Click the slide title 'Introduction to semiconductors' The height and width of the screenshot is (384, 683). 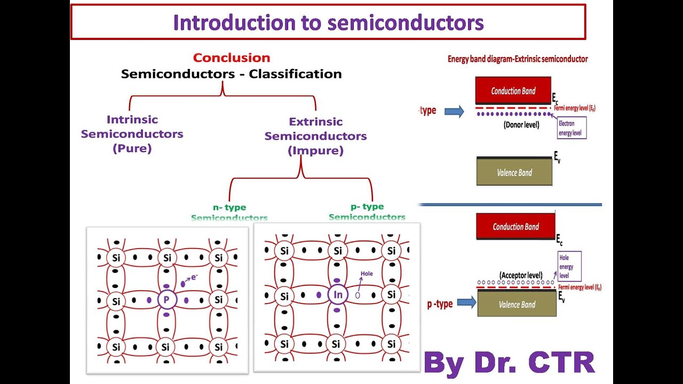point(328,22)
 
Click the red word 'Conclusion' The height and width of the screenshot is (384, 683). point(232,58)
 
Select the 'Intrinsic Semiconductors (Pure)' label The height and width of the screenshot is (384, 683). point(132,134)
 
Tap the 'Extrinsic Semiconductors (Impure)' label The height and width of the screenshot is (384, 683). point(315,136)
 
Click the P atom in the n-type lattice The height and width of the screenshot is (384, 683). point(166,300)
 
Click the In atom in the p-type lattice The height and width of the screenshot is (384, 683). point(337,294)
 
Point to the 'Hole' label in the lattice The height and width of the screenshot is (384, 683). point(367,274)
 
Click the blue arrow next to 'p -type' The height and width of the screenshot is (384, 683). point(466,303)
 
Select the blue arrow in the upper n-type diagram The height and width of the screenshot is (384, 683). point(454,111)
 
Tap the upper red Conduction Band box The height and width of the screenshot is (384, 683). point(513,91)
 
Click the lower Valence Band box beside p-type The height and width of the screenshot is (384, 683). point(517,305)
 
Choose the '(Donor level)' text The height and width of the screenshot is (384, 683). point(521,125)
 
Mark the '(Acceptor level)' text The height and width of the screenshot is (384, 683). point(521,275)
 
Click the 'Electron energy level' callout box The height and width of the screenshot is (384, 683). point(571,128)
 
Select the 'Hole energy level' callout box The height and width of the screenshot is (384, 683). point(569,266)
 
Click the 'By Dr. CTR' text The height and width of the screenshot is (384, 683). point(510,362)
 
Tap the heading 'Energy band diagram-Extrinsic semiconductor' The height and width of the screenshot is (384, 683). point(517,59)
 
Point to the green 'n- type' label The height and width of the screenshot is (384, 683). point(229,207)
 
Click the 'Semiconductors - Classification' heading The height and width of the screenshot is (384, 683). point(231,74)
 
